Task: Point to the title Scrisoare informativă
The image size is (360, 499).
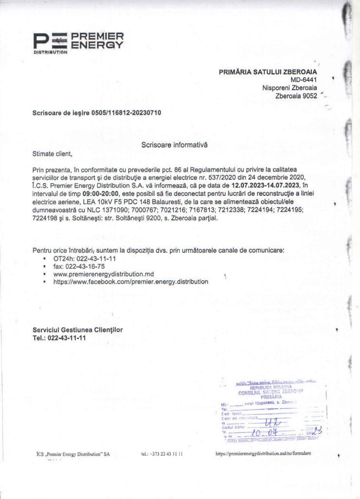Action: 174,145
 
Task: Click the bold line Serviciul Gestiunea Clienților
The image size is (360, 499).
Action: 77,330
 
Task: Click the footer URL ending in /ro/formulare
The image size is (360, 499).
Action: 263,453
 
